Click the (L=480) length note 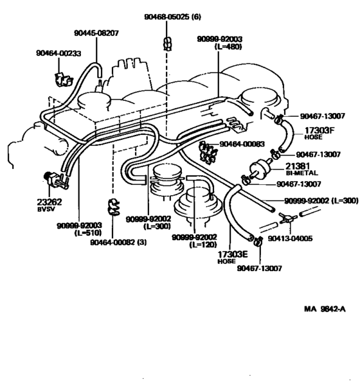point(218,48)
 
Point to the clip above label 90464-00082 point(111,207)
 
